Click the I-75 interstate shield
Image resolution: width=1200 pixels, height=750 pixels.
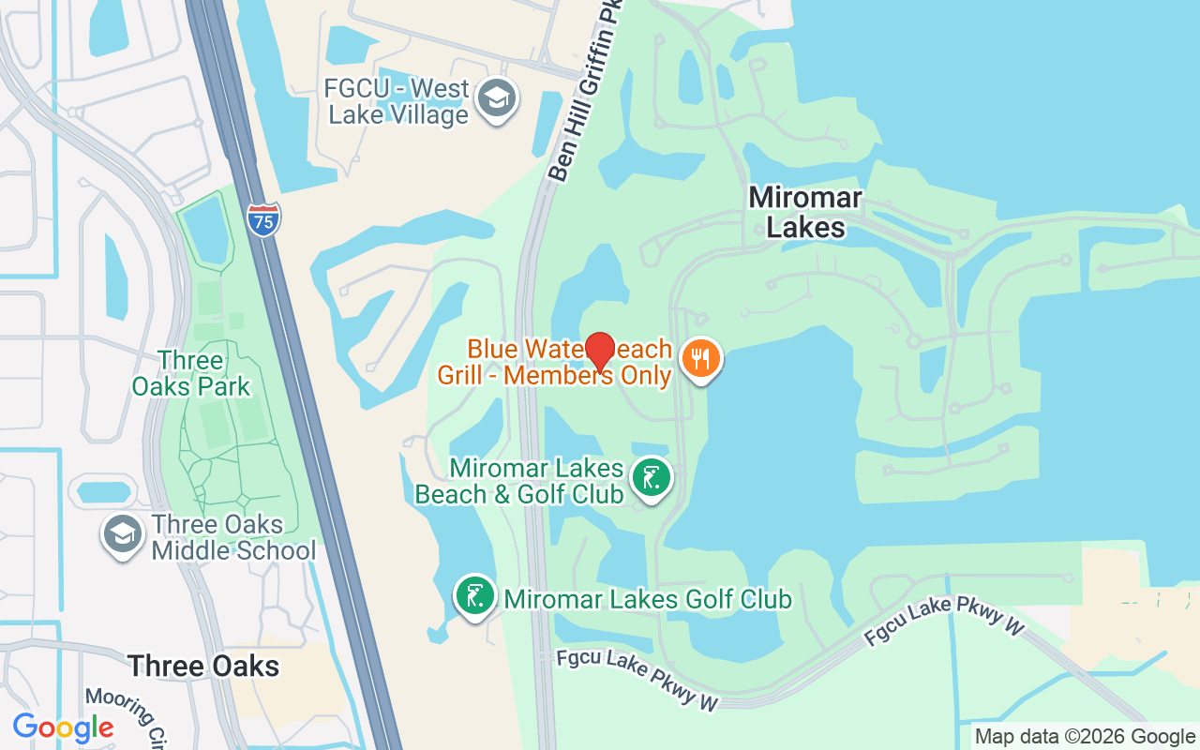(264, 218)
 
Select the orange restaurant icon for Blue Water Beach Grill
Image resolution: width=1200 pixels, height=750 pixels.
(700, 358)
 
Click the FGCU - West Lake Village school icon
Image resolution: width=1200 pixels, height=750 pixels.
(496, 98)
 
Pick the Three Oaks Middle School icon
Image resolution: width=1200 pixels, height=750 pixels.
(122, 534)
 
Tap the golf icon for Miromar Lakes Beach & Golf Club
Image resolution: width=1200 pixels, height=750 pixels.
(651, 478)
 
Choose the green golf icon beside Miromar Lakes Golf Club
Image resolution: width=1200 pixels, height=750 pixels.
(475, 596)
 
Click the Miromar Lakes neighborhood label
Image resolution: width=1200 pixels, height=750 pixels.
(805, 212)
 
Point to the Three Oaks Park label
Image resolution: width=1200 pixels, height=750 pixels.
(191, 373)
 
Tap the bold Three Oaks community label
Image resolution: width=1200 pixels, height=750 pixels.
(203, 666)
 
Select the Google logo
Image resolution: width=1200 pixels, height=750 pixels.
(63, 727)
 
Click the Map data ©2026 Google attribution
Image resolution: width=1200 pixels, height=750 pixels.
(1085, 737)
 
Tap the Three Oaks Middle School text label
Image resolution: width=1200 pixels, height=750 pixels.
(233, 537)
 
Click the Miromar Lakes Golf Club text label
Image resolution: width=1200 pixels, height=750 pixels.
(648, 599)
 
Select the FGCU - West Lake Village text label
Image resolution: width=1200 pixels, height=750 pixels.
(396, 102)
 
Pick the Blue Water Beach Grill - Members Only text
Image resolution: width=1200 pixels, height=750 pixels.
(555, 362)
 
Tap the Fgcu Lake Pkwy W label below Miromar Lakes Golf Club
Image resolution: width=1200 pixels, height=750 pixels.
(637, 681)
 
